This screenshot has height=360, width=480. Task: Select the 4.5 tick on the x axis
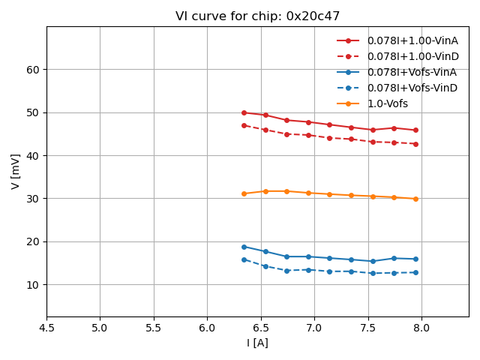[x=46, y=328]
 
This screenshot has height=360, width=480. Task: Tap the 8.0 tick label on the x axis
[x=421, y=328]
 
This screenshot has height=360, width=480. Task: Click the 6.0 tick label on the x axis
[x=207, y=328]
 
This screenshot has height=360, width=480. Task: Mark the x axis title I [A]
[x=257, y=343]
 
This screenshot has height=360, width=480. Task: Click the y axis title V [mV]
[x=16, y=171]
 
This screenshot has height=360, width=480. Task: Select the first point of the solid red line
[x=244, y=112]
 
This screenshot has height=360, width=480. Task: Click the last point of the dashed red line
[x=415, y=144]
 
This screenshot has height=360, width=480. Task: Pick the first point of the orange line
[x=244, y=193]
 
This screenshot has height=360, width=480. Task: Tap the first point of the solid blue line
[x=244, y=247]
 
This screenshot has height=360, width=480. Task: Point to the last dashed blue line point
[x=415, y=272]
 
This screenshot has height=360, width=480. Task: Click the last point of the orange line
[x=415, y=199]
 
